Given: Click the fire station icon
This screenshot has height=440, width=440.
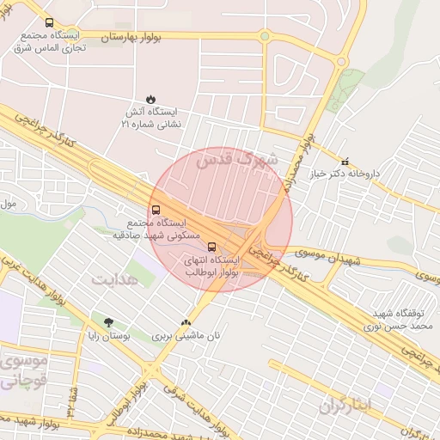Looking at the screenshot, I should click(x=151, y=99).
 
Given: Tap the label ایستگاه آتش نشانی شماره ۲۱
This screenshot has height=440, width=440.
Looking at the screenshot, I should click(x=151, y=119).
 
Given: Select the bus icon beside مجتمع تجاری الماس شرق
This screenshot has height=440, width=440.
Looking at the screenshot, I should click(x=48, y=23).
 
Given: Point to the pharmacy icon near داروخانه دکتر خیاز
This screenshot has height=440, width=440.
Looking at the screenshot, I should click(x=345, y=161).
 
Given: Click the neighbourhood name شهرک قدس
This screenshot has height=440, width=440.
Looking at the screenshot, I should click(x=237, y=159).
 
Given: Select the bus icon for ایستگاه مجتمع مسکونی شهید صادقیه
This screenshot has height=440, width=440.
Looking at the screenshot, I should click(x=156, y=209).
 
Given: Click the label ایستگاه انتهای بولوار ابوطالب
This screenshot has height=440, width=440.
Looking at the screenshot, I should click(x=212, y=266).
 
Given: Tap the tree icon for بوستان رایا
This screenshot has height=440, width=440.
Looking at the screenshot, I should click(x=108, y=323).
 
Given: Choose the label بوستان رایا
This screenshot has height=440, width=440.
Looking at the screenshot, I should click(x=108, y=336).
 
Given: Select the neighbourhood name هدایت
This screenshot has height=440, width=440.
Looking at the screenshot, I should click(x=114, y=281).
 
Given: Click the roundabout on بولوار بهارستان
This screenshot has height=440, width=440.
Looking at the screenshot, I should click(x=265, y=36).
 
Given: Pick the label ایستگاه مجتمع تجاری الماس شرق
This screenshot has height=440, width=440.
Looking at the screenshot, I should click(x=52, y=43).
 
